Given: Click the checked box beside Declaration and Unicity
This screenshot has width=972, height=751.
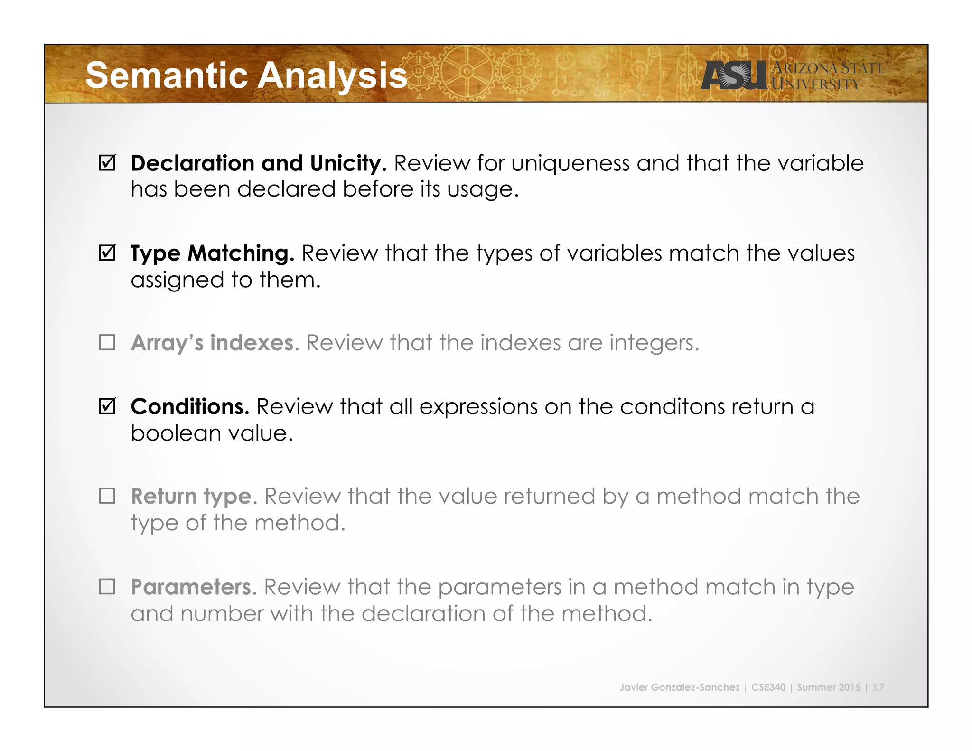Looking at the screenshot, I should pyautogui.click(x=107, y=163).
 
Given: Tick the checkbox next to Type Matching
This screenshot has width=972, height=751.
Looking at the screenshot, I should pyautogui.click(x=107, y=253).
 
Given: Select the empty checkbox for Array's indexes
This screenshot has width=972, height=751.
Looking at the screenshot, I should pyautogui.click(x=107, y=342).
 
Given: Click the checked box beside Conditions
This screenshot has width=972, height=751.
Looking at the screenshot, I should pyautogui.click(x=107, y=406).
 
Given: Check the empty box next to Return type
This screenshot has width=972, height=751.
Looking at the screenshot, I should pyautogui.click(x=107, y=496).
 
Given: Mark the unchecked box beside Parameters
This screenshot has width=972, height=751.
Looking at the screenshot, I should pyautogui.click(x=107, y=587).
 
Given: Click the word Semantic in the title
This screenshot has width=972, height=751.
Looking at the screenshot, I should pyautogui.click(x=166, y=76).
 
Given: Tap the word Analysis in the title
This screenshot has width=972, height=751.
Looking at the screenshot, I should pyautogui.click(x=332, y=76).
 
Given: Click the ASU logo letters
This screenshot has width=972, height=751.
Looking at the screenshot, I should pyautogui.click(x=733, y=76).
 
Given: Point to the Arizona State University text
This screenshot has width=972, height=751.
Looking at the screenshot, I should pyautogui.click(x=827, y=76).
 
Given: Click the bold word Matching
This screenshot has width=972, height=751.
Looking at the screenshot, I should pyautogui.click(x=241, y=253).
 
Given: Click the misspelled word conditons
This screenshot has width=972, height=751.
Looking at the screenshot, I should pyautogui.click(x=672, y=407).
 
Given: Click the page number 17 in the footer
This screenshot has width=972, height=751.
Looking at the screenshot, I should pyautogui.click(x=878, y=687).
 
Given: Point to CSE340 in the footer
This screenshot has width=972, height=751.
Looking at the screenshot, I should pyautogui.click(x=768, y=687).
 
